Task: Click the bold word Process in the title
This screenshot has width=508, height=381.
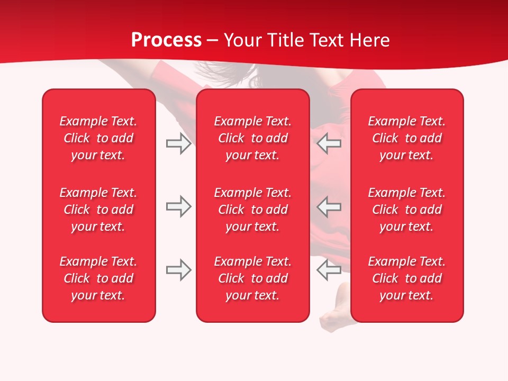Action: (x=166, y=40)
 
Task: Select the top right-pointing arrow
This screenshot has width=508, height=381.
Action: (x=178, y=143)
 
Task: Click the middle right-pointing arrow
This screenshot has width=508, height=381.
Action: (x=178, y=206)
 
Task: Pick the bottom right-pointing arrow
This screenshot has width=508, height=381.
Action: (x=178, y=270)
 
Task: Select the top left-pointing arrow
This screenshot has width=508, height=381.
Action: (x=329, y=143)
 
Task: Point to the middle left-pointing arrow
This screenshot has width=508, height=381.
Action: (x=329, y=206)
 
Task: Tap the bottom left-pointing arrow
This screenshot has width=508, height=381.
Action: (x=329, y=270)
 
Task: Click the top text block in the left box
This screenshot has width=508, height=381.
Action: (x=98, y=138)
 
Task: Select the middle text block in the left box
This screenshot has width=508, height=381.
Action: (x=98, y=210)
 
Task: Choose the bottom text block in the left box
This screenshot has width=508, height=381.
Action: (x=98, y=278)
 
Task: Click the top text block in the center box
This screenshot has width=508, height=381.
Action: (x=252, y=138)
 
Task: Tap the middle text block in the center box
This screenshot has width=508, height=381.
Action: (x=252, y=210)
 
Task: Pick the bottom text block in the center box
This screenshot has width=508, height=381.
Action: (x=252, y=278)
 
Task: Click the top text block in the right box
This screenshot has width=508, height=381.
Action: (x=406, y=138)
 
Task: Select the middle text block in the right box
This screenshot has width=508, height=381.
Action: (x=406, y=210)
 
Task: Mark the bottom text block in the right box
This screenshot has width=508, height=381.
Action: (x=406, y=278)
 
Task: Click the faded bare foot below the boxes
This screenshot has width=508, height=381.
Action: (x=333, y=320)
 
